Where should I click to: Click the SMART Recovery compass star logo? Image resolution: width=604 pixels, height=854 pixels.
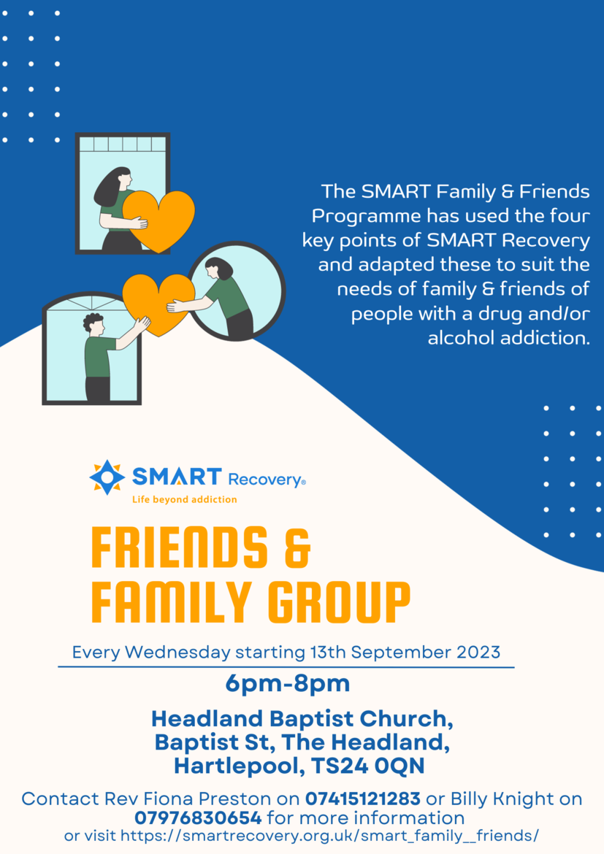(107, 477)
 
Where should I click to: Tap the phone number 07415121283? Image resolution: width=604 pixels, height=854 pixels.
(362, 799)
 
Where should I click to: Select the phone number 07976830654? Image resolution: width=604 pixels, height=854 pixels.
(199, 818)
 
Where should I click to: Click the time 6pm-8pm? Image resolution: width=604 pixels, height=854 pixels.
(287, 684)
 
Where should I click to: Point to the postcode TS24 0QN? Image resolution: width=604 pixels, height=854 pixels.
(368, 766)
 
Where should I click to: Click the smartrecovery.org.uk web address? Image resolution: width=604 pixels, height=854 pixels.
(329, 836)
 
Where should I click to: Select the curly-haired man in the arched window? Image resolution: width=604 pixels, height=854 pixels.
(109, 357)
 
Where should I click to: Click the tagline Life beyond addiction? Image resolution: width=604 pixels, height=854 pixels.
(184, 499)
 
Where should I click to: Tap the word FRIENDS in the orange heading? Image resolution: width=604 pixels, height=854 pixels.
(180, 547)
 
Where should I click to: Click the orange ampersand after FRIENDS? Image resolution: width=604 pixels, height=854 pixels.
(298, 547)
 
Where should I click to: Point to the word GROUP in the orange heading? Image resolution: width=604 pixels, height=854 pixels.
(339, 602)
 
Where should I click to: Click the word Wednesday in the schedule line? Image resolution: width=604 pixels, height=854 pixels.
(177, 652)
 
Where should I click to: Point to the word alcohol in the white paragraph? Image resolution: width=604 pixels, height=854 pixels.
(461, 338)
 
